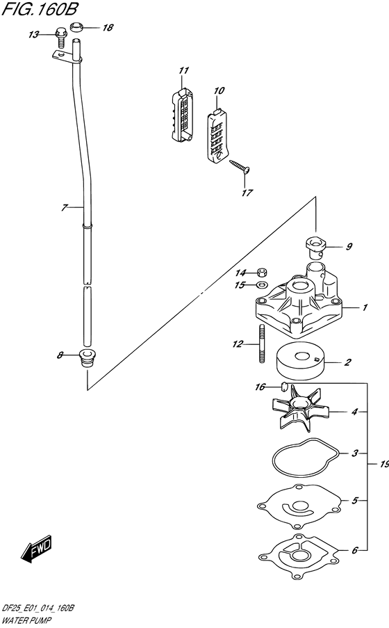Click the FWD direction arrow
pos(37,548)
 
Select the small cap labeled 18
pos(76,28)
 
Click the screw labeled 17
pos(240,167)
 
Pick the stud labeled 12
pos(261,344)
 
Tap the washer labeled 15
pos(262,285)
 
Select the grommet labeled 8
pos(85,357)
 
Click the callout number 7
pos(64,207)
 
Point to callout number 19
pos(384,464)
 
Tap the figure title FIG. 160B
pos(40,9)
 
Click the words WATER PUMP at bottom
pos(26,620)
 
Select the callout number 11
pos(183,70)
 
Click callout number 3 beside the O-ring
pos(354,453)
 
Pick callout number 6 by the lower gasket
pos(354,550)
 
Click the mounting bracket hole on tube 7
pos(60,55)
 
